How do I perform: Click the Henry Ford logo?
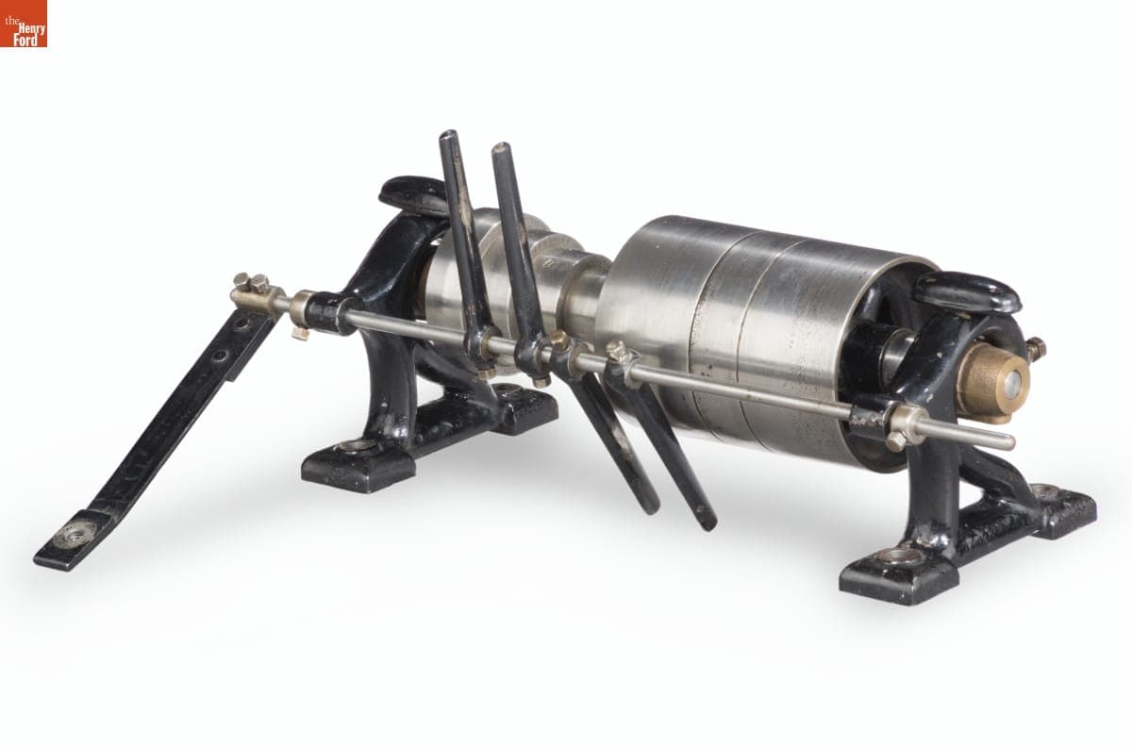pyautogui.click(x=24, y=24)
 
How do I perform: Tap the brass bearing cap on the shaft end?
pyautogui.click(x=993, y=382)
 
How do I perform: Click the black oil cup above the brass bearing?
pyautogui.click(x=968, y=292)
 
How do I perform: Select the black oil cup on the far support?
pyautogui.click(x=412, y=194)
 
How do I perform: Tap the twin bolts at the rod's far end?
pyautogui.click(x=251, y=282)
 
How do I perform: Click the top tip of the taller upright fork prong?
pyautogui.click(x=449, y=136)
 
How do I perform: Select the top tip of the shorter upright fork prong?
pyautogui.click(x=501, y=148)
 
